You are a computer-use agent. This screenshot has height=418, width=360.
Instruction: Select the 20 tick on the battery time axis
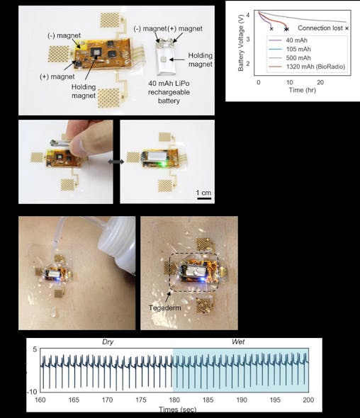(320, 83)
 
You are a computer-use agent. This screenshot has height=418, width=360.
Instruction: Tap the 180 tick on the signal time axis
(172, 400)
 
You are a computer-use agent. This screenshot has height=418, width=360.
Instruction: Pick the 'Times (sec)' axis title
(177, 409)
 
